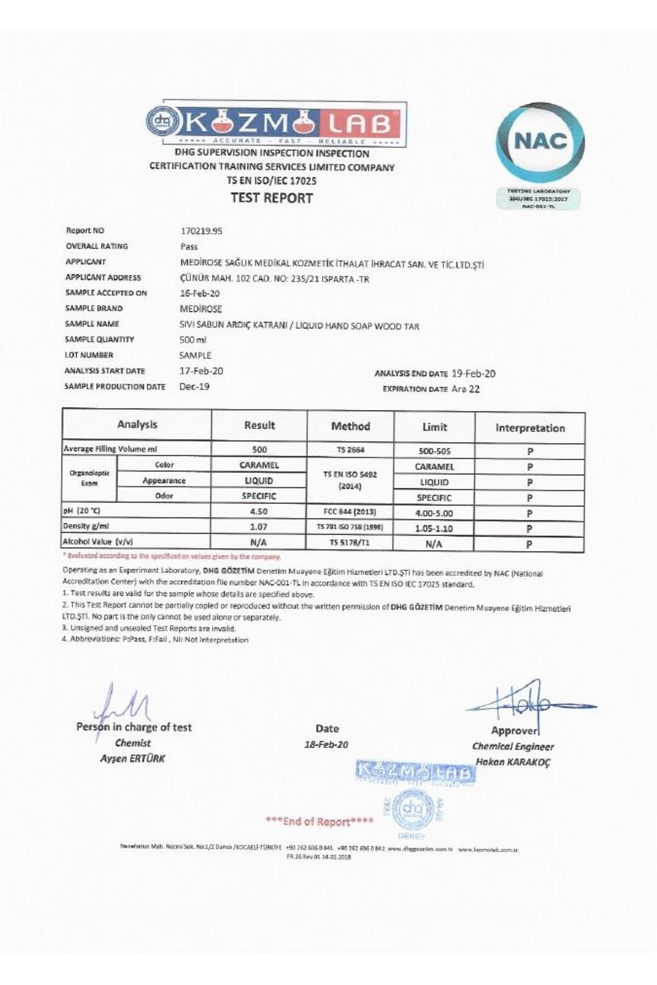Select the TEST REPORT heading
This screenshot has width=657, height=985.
tap(272, 198)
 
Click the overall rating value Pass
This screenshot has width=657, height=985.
tap(189, 247)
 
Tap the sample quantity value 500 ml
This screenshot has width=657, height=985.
tap(193, 340)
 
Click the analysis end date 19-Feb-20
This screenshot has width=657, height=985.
tap(474, 374)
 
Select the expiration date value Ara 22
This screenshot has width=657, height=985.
tap(466, 389)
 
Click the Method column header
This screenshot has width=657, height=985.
tap(350, 426)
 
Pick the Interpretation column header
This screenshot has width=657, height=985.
tap(530, 428)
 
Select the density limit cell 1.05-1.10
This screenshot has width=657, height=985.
tap(435, 529)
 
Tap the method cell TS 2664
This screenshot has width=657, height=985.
tap(350, 450)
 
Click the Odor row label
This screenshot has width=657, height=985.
tap(164, 496)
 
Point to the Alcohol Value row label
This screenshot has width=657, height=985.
tap(99, 542)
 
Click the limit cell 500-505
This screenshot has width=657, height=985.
tap(435, 451)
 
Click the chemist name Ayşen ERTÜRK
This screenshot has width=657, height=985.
tap(133, 759)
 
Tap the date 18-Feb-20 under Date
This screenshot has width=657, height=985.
tap(326, 745)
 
